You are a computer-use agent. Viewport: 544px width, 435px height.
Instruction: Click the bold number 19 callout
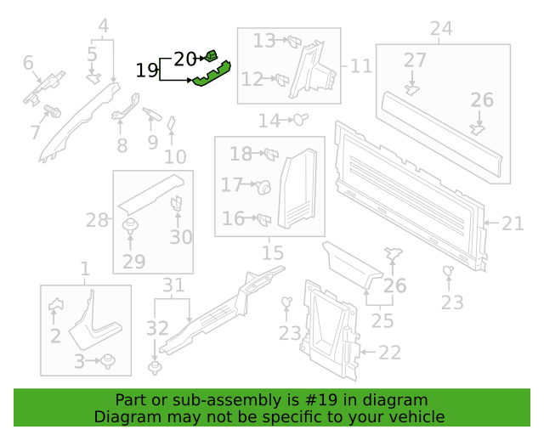(147, 71)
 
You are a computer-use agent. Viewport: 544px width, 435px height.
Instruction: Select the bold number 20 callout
(185, 59)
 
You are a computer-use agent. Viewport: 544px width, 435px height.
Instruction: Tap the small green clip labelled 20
(211, 55)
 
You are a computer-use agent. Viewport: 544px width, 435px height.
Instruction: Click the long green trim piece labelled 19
(212, 74)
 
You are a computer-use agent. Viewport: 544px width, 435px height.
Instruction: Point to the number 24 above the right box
(441, 28)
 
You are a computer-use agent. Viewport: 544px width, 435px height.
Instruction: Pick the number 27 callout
(415, 60)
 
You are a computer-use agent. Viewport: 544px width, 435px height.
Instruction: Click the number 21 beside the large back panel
(513, 223)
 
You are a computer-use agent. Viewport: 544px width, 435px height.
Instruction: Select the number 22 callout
(389, 353)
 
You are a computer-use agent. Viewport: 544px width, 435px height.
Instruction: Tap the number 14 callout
(269, 121)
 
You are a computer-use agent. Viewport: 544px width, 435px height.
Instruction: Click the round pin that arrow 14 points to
(300, 120)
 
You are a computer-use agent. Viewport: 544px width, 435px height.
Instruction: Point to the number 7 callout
(35, 133)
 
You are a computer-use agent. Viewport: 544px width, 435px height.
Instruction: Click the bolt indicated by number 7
(53, 111)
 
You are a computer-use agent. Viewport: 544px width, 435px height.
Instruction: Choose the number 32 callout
(157, 328)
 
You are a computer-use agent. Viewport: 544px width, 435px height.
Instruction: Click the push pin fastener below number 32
(155, 368)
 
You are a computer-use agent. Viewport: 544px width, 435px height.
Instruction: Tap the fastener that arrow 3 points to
(108, 361)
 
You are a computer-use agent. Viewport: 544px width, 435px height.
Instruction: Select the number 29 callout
(133, 262)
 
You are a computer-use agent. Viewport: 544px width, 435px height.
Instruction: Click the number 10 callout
(175, 157)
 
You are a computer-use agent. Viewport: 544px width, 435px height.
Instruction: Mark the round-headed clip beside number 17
(264, 188)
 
